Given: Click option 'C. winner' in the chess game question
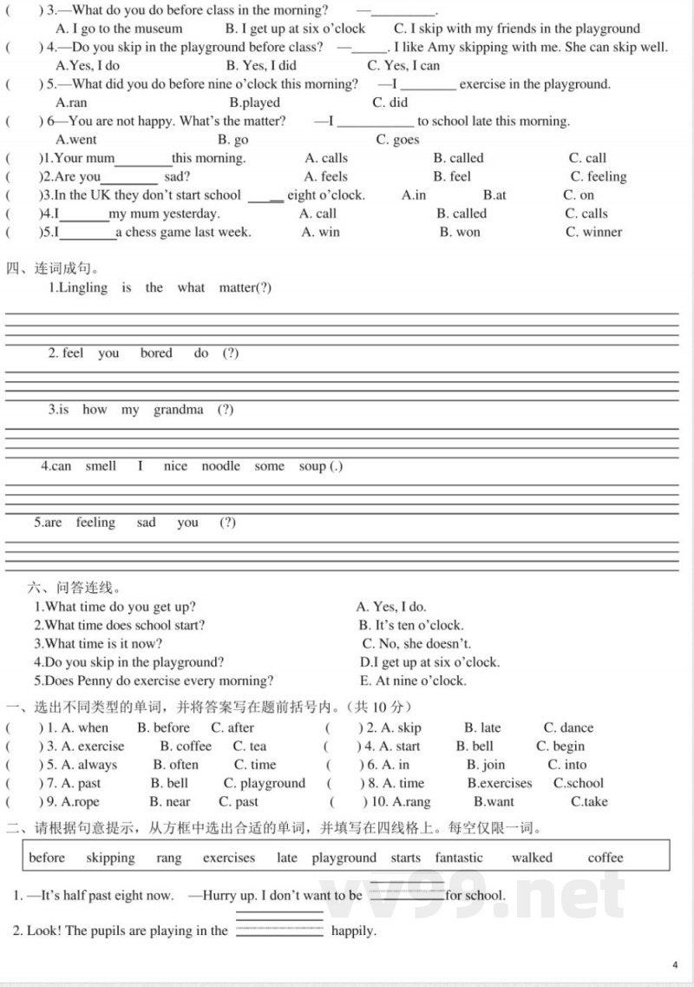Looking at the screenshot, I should [593, 232].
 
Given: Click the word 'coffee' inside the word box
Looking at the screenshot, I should [606, 858].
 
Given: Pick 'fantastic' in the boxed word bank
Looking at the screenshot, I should [459, 858].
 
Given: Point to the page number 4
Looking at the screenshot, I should [675, 964].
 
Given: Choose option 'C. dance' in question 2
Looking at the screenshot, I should [568, 727].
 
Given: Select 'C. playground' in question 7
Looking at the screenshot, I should [265, 783].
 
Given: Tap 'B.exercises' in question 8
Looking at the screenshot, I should [499, 783].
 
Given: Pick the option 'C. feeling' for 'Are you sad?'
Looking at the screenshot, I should [598, 176].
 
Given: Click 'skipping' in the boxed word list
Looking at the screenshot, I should [110, 858].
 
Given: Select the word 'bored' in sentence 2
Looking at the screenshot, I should [156, 353].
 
